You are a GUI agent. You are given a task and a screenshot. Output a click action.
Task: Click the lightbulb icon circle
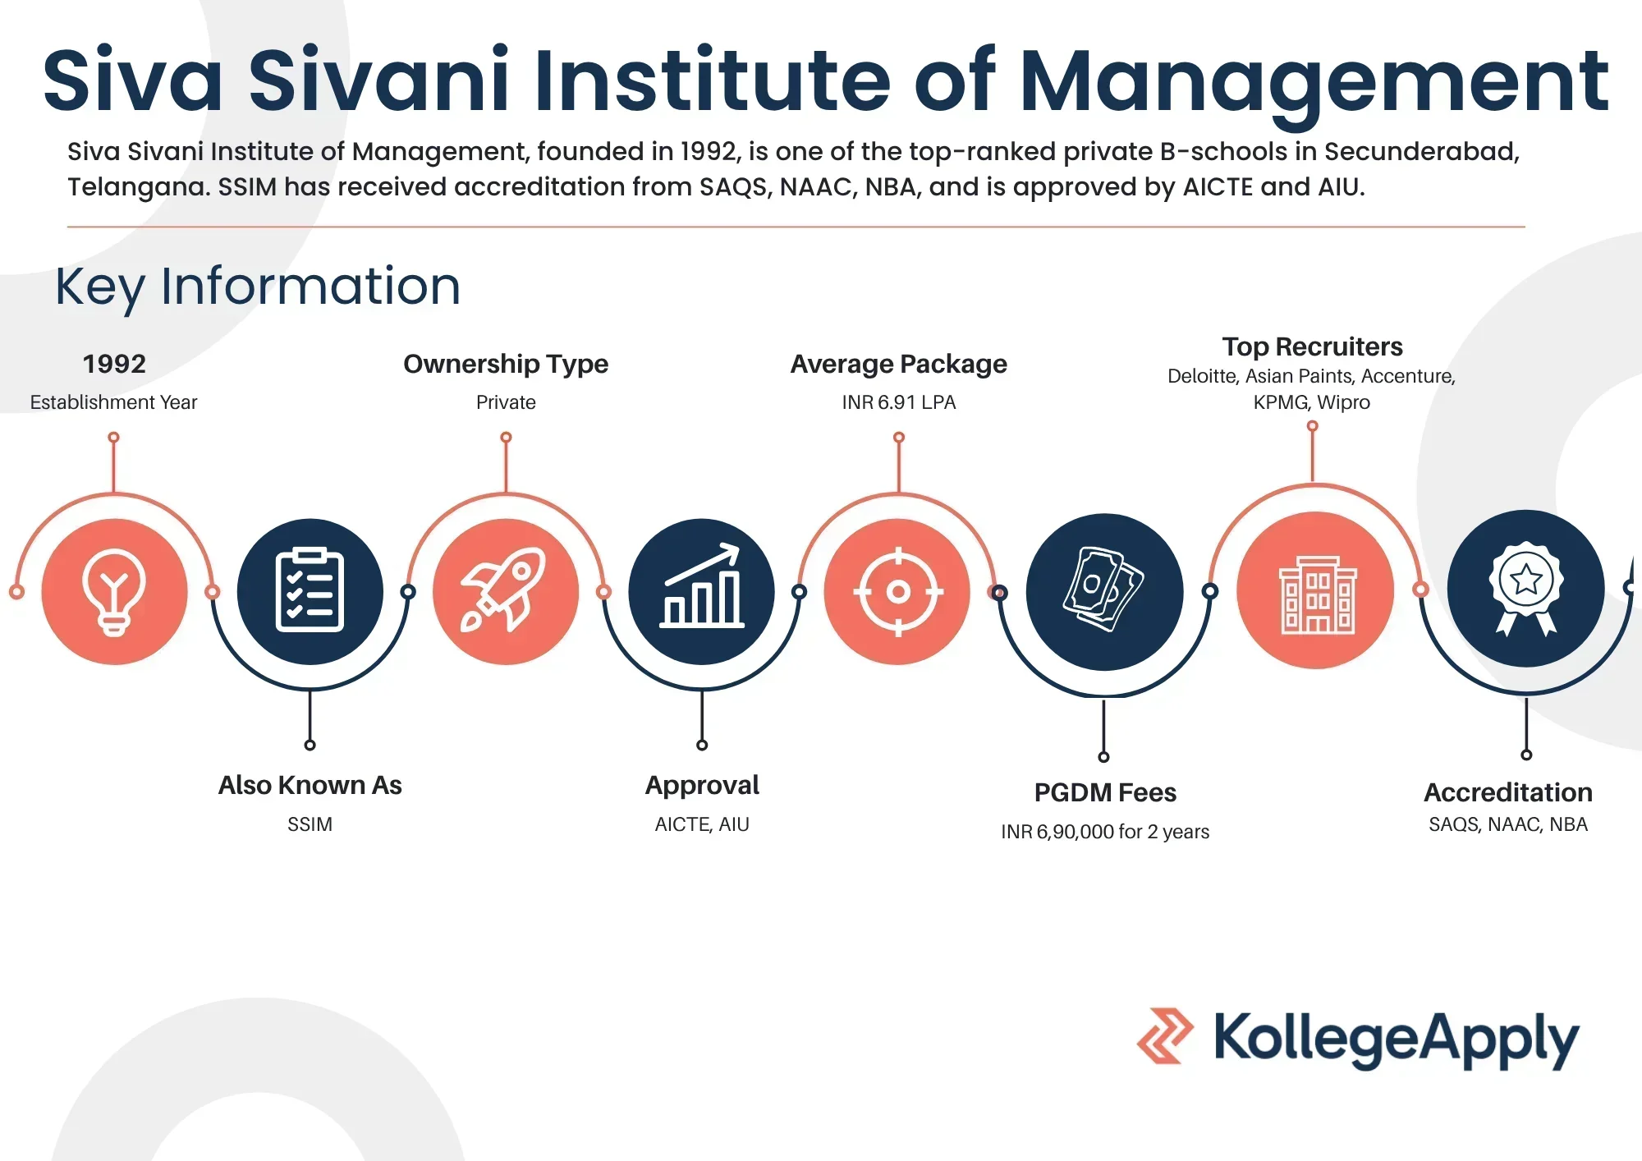(114, 592)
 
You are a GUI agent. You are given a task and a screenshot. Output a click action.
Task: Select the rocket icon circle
(506, 592)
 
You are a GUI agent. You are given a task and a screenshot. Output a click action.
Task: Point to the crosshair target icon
(898, 592)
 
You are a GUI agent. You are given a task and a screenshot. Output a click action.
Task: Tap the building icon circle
(1316, 590)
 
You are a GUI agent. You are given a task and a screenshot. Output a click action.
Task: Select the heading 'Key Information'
(258, 287)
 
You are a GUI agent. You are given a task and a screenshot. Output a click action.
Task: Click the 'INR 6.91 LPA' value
(899, 402)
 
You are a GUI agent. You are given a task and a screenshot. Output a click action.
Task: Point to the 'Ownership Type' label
(506, 364)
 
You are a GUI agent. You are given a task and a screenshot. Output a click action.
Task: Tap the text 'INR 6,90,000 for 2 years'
(1105, 832)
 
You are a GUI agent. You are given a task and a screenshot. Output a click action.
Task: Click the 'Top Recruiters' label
(1312, 346)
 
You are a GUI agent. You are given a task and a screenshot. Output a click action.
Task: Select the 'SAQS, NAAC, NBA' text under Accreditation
(1508, 824)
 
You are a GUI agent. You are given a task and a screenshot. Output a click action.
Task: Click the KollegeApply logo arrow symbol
(1166, 1036)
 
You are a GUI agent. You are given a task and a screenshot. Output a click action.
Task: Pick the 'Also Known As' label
(310, 785)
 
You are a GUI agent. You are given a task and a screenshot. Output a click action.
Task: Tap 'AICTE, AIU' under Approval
(702, 824)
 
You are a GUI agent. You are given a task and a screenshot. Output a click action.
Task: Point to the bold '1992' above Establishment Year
(114, 364)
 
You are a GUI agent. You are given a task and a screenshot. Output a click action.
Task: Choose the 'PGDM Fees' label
(1105, 792)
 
